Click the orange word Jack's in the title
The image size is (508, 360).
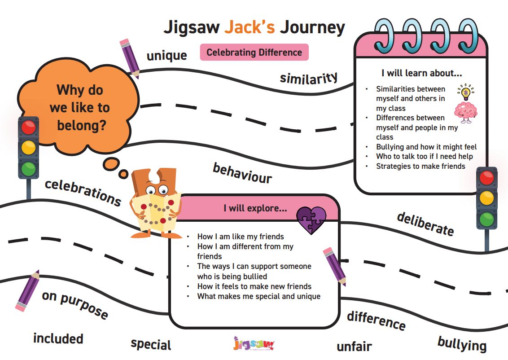pyautogui.click(x=250, y=27)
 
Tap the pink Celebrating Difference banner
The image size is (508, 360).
pyautogui.click(x=254, y=52)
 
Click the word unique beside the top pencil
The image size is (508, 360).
pyautogui.click(x=167, y=56)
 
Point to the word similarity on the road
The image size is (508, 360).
pyautogui.click(x=309, y=78)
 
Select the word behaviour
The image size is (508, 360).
pyautogui.click(x=242, y=173)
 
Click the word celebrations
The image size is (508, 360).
pyautogui.click(x=83, y=193)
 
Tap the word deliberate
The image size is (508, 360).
pyautogui.click(x=425, y=224)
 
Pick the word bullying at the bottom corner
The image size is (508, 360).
pyautogui.click(x=462, y=344)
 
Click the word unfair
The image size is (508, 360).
pyautogui.click(x=354, y=347)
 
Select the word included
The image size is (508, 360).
pyautogui.click(x=58, y=338)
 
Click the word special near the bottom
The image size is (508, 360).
pyautogui.click(x=151, y=344)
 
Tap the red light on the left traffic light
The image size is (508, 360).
pyautogui.click(x=29, y=127)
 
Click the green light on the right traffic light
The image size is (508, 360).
pyautogui.click(x=486, y=220)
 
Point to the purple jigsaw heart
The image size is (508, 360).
pyautogui.click(x=311, y=220)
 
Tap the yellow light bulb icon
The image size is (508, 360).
pyautogui.click(x=466, y=92)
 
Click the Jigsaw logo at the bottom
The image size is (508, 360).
pyautogui.click(x=254, y=343)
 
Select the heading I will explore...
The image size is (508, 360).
pyautogui.click(x=255, y=208)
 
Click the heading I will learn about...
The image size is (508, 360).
pyautogui.click(x=421, y=73)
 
